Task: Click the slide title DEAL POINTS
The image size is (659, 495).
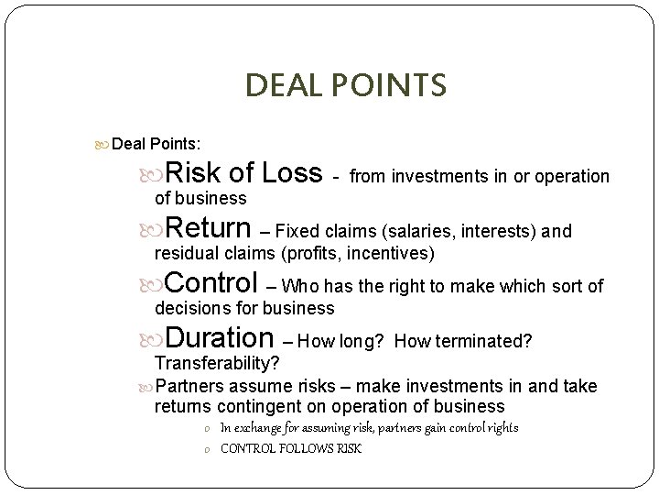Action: point(345,85)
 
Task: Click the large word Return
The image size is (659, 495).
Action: point(210,228)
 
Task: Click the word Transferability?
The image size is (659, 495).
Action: point(216,363)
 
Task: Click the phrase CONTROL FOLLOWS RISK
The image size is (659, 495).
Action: point(291,448)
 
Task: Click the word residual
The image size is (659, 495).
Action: point(183,252)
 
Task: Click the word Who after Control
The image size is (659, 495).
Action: point(307,287)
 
